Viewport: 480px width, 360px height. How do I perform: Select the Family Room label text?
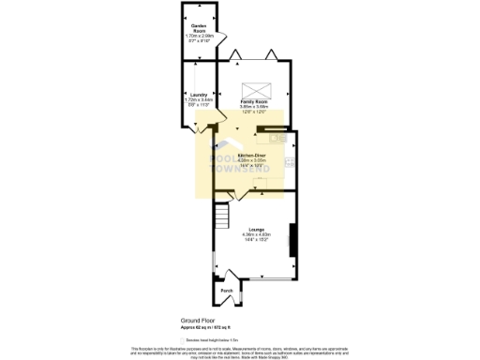pos(254,100)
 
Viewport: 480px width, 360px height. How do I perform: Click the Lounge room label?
pos(255,229)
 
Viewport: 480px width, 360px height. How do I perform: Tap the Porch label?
pos(226,291)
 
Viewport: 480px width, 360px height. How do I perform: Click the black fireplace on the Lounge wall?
pos(292,239)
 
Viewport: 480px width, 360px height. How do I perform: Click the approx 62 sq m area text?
pos(199,326)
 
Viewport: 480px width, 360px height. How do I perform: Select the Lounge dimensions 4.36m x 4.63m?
pos(255,234)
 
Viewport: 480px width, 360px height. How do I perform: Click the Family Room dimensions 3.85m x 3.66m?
pos(254,107)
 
